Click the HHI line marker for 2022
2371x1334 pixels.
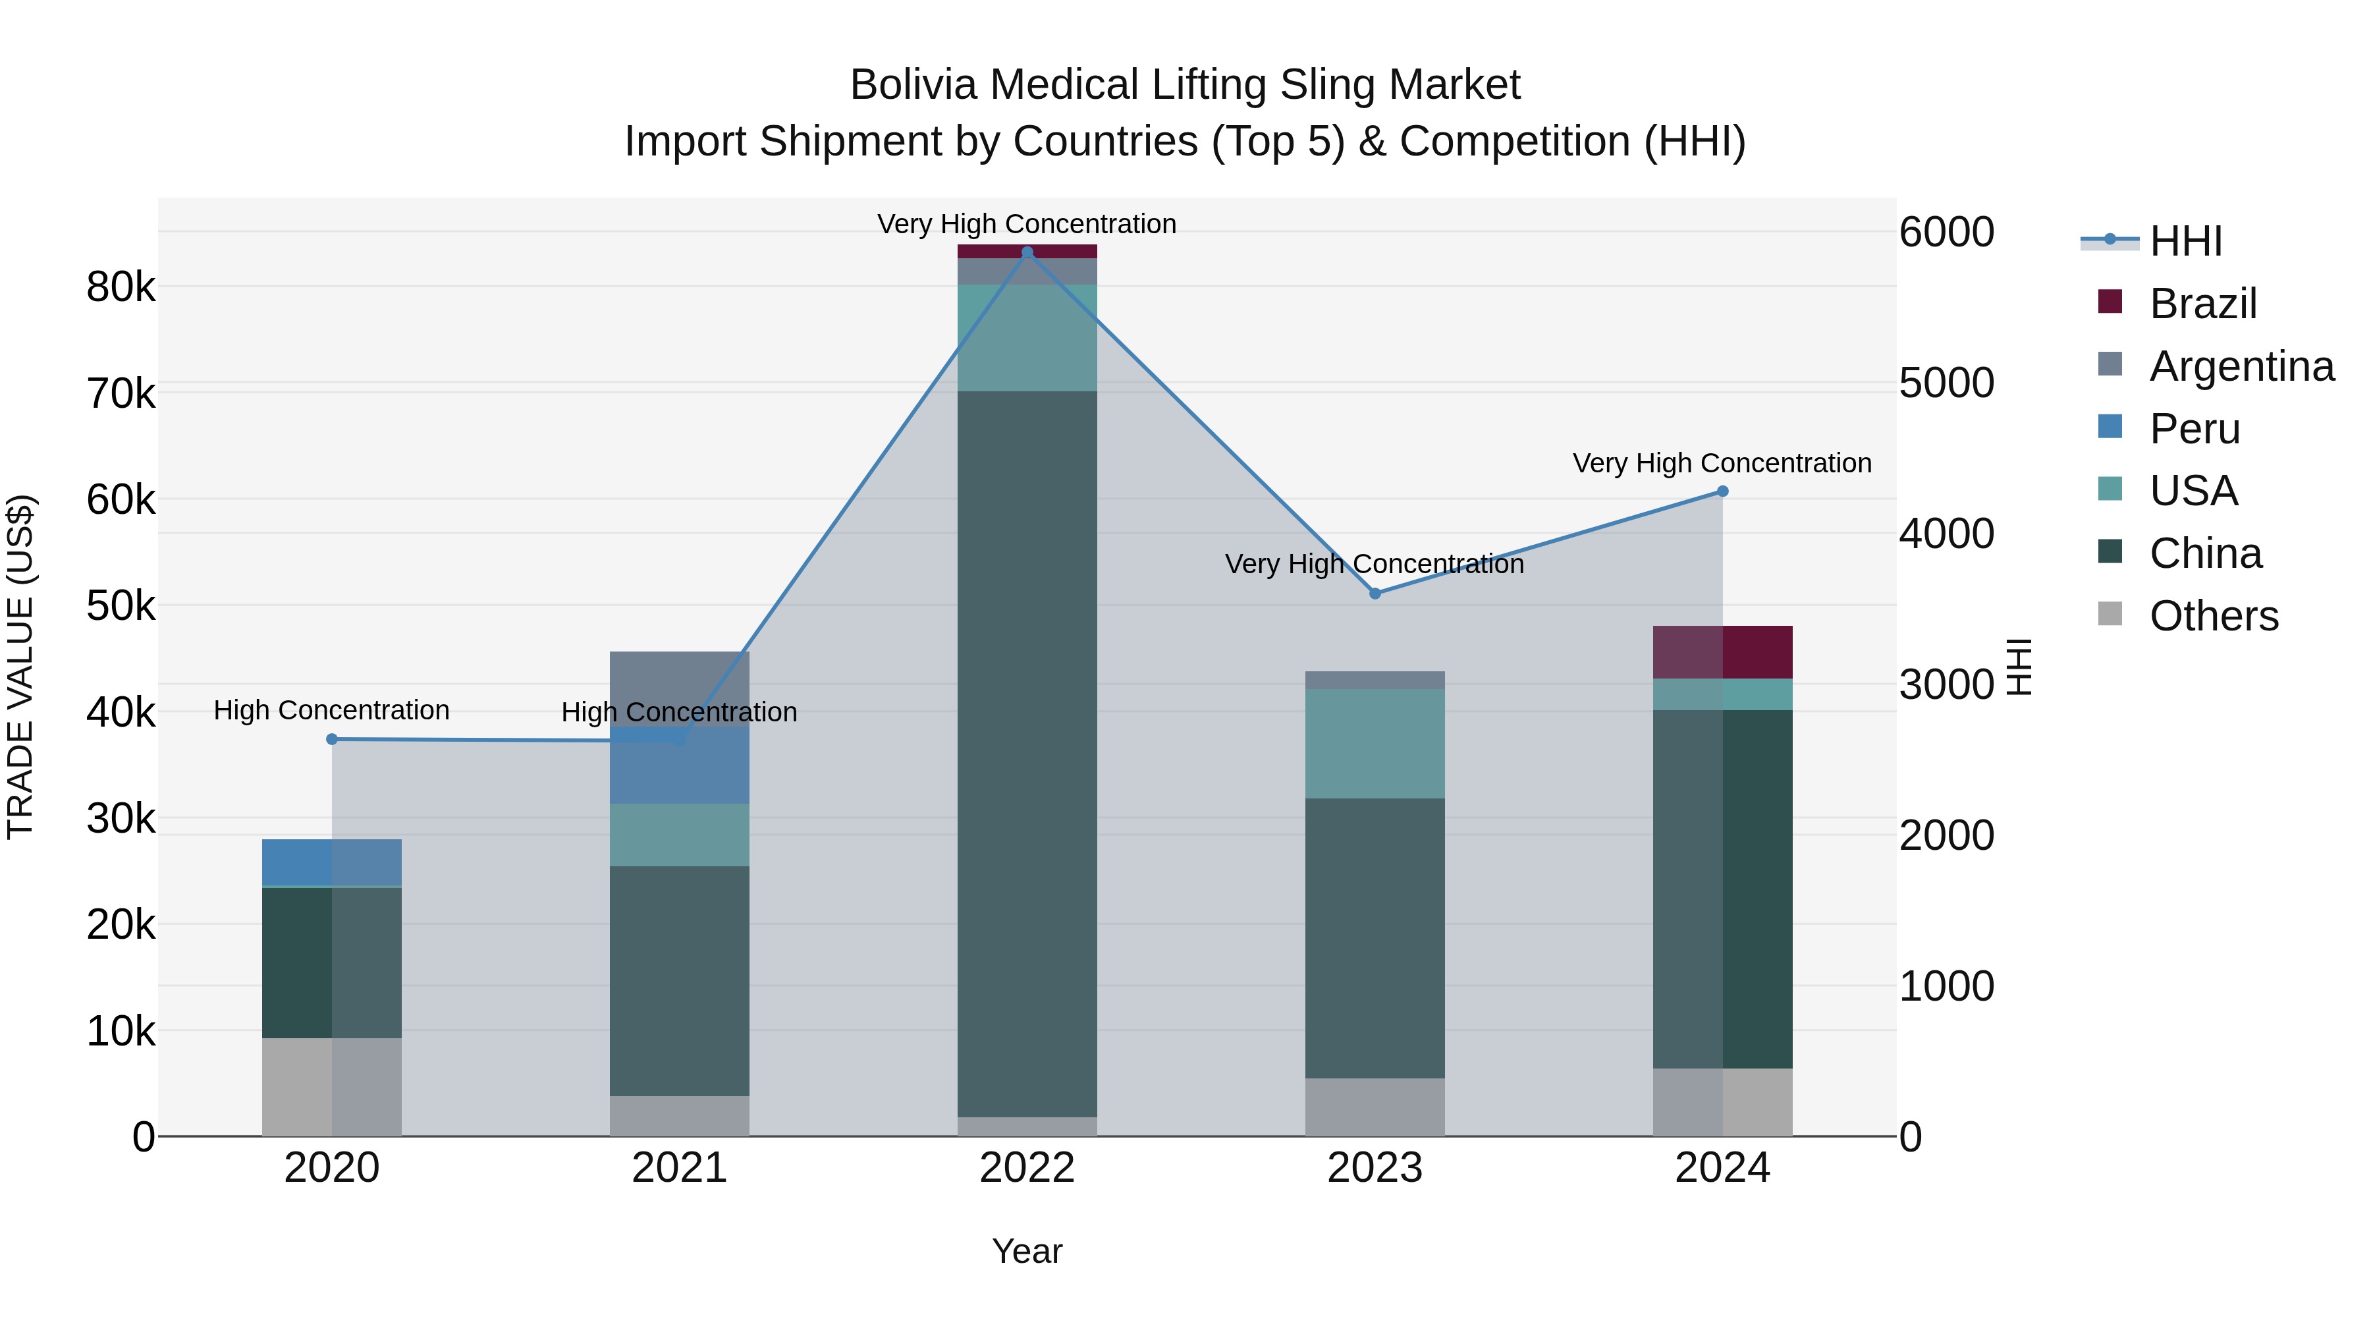click(x=1027, y=252)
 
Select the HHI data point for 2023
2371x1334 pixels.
click(x=1375, y=594)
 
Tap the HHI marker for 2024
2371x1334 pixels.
click(x=1723, y=491)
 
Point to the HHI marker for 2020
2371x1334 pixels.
click(x=333, y=739)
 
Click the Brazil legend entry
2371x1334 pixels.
click(x=2202, y=303)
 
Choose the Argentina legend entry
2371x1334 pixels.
click(x=2241, y=366)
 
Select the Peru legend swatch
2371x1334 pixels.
click(x=2110, y=427)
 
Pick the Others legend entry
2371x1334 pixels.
click(x=2214, y=616)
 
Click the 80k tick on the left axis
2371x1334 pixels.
click(x=121, y=287)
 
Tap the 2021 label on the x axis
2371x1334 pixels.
click(x=679, y=1168)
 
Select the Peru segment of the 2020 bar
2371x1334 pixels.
click(x=333, y=862)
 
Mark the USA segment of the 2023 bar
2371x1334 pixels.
click(x=1375, y=744)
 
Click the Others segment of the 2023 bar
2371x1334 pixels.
click(x=1375, y=1107)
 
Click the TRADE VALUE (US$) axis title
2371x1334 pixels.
click(x=20, y=667)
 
